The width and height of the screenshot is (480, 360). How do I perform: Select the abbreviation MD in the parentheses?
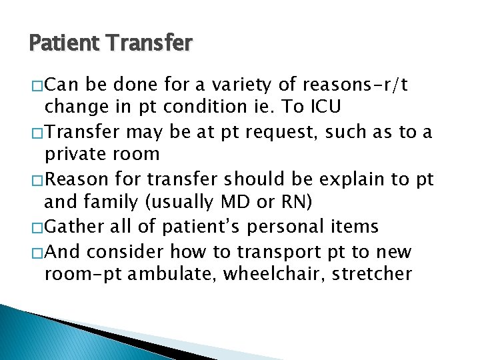tap(245, 201)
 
